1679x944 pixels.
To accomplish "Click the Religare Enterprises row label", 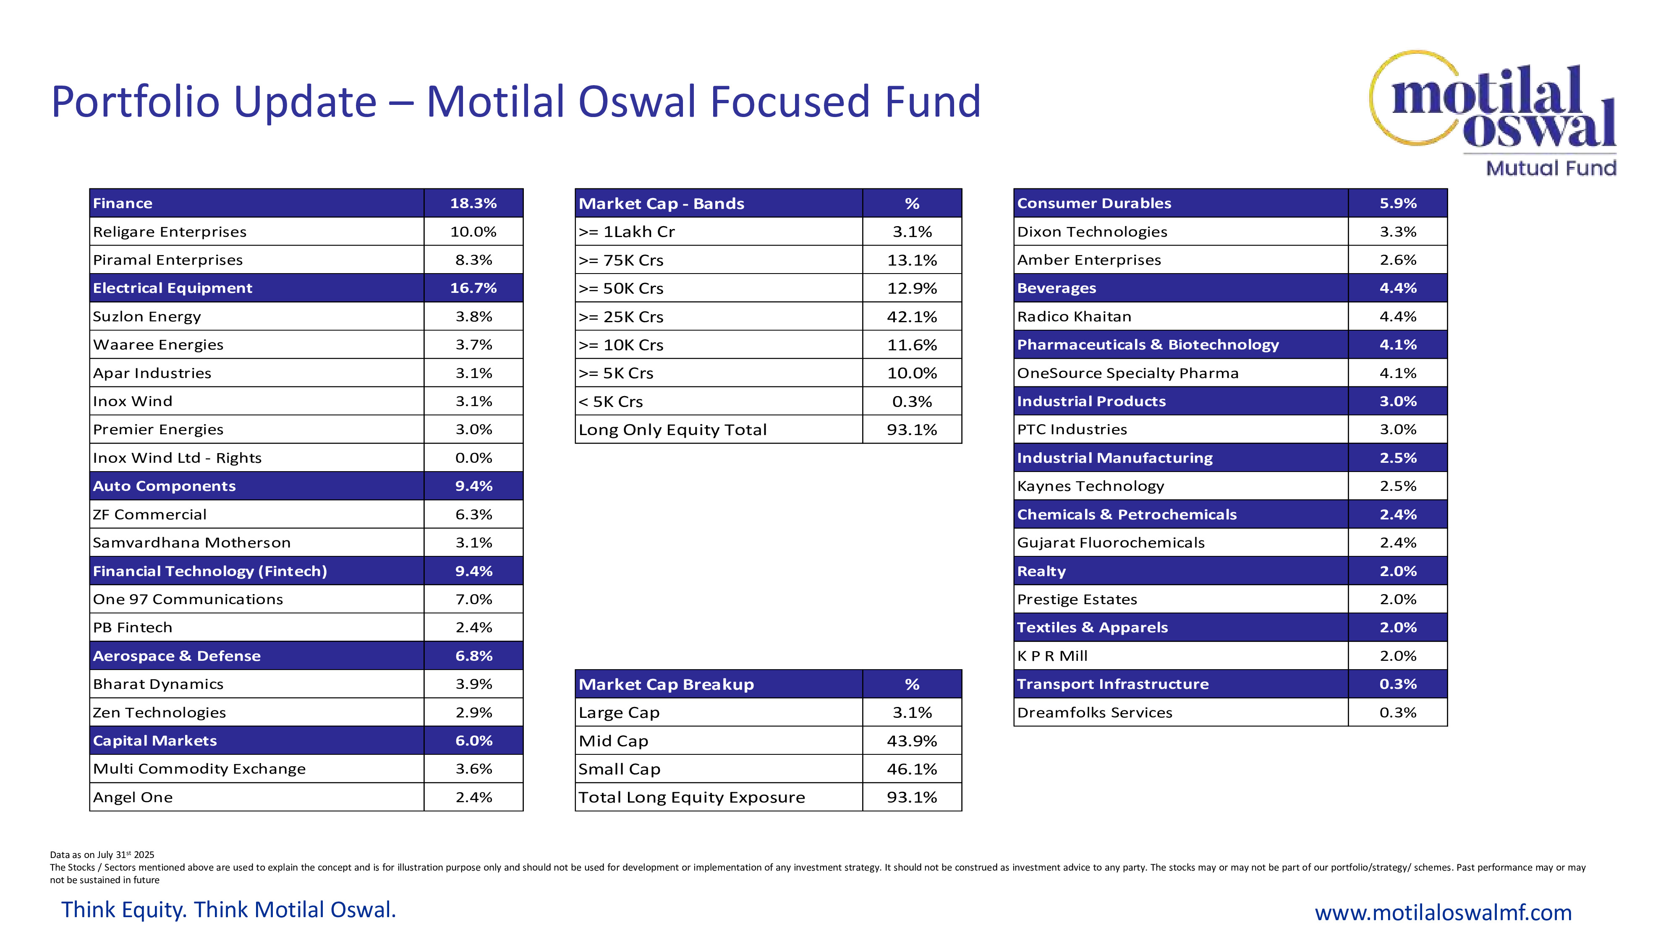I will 170,232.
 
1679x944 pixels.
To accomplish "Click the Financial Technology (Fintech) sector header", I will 210,571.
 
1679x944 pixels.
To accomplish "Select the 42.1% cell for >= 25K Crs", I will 911,317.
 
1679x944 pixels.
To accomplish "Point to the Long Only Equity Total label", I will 672,430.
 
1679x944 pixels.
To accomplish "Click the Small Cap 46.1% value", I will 911,769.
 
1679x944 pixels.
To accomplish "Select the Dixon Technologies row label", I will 1092,232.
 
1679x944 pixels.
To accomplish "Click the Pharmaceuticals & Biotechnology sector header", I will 1148,344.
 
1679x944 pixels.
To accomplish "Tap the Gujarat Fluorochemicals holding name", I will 1111,542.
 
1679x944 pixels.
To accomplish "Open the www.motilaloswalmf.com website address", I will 1442,912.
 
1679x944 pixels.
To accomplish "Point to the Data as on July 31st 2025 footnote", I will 102,855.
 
